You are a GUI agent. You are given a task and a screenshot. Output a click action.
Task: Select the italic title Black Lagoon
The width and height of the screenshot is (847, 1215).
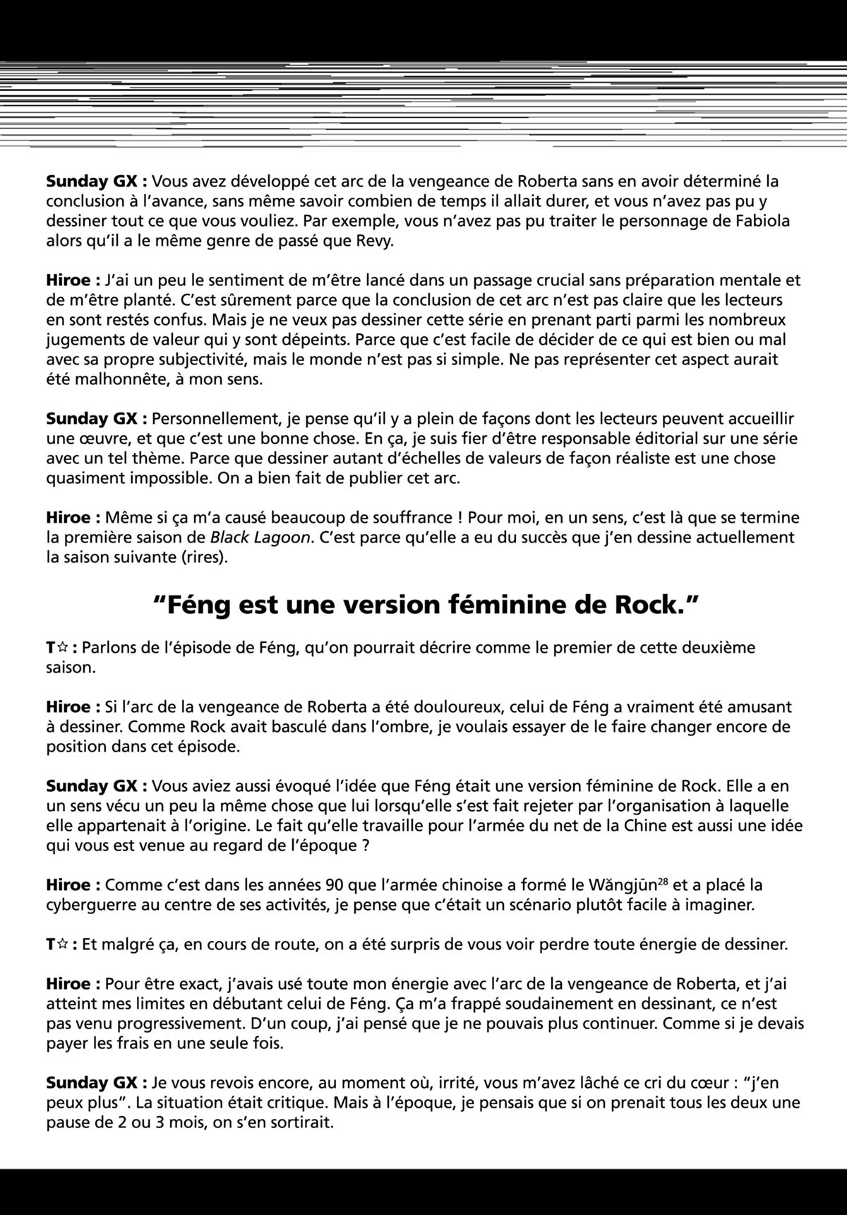[260, 538]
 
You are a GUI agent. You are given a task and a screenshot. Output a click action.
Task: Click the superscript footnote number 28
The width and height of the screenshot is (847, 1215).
[663, 880]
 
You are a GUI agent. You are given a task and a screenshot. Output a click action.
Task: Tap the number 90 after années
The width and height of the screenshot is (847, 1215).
[337, 885]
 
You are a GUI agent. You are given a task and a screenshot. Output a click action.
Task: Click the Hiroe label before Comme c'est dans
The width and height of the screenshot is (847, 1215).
[73, 885]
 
